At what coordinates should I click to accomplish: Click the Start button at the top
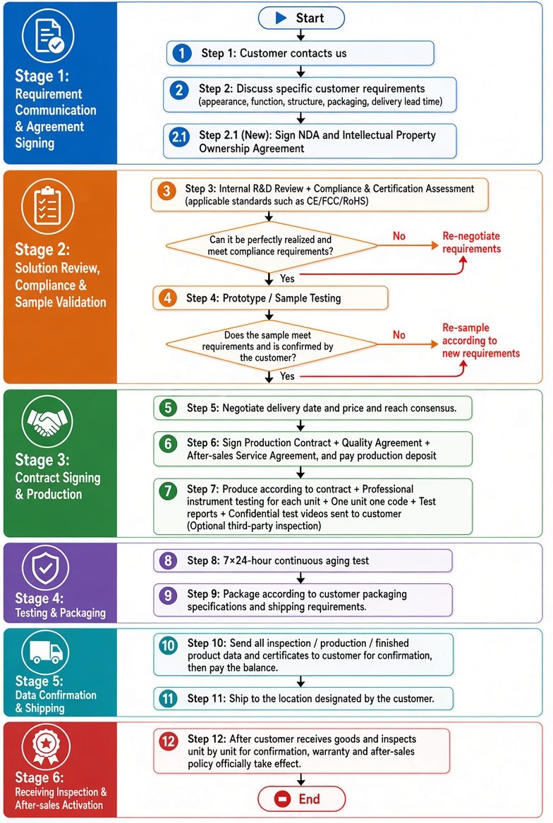tap(301, 18)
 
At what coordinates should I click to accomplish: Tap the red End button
tap(301, 799)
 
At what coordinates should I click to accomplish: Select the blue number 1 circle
tap(182, 53)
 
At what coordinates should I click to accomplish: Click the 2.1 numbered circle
tap(179, 137)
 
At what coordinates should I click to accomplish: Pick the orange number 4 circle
tap(168, 298)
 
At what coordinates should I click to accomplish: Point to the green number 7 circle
tap(168, 490)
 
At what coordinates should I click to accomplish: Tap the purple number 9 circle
tap(168, 595)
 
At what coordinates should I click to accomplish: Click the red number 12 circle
tap(168, 741)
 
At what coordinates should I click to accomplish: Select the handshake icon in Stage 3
tap(47, 421)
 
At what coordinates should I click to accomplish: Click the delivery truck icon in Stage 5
tap(47, 652)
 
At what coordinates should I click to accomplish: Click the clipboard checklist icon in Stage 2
tap(47, 205)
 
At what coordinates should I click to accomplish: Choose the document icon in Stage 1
tap(48, 35)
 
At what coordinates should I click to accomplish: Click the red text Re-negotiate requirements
tap(471, 242)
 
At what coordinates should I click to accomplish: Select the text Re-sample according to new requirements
tap(480, 340)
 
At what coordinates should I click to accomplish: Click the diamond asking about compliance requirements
tap(272, 245)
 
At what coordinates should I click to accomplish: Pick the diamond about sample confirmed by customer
tap(272, 345)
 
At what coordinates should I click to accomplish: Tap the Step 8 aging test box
tap(303, 561)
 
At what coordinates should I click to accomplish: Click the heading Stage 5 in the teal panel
tap(39, 681)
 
